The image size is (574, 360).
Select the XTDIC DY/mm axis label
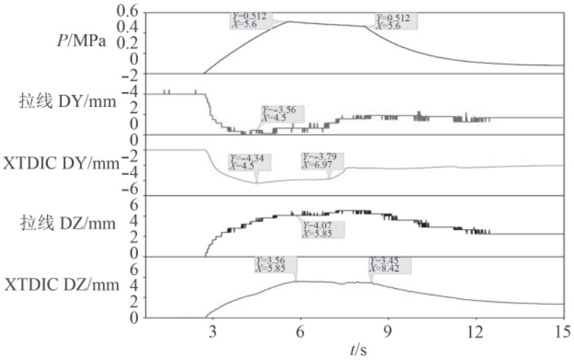click(x=62, y=163)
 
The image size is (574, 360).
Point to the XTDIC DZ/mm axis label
click(x=62, y=285)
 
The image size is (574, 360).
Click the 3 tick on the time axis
click(x=213, y=330)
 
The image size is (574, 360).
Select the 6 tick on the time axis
click(x=300, y=330)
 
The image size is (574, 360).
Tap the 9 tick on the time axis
click(x=388, y=330)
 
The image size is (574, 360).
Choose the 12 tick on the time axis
click(x=475, y=330)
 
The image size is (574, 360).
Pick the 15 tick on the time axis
click(x=562, y=330)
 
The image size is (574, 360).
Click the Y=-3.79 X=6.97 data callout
click(x=322, y=160)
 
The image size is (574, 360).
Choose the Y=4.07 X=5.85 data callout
click(x=322, y=229)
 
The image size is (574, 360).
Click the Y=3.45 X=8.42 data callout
click(x=390, y=263)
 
